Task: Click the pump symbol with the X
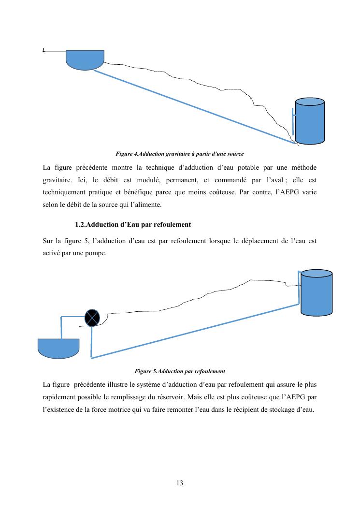point(92,318)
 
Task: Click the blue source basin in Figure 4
point(85,58)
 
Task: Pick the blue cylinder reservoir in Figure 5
point(317,292)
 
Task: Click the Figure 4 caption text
point(180,154)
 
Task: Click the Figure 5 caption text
point(180,371)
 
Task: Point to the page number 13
point(180,483)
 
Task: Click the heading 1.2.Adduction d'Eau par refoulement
point(133,224)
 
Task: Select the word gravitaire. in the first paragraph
point(58,180)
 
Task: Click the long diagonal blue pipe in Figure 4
point(193,107)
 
